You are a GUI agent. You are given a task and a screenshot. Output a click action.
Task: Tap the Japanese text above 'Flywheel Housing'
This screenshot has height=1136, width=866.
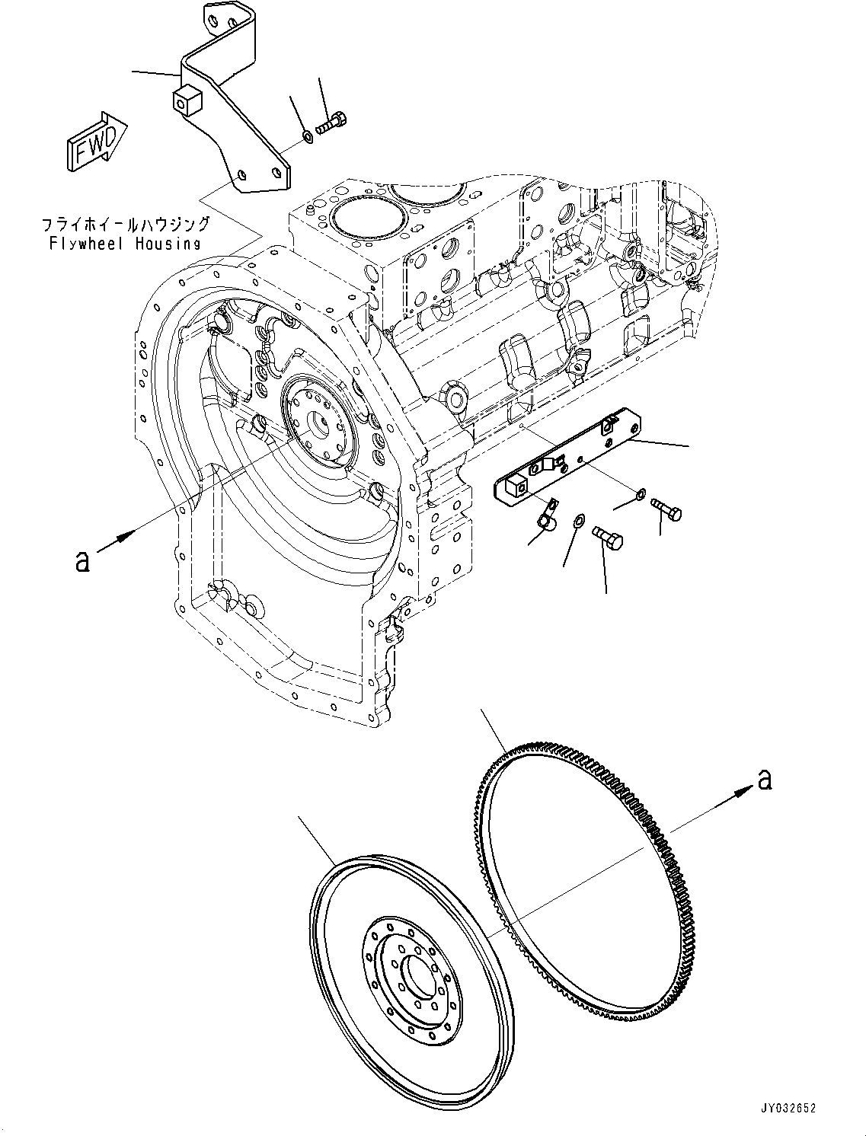tap(125, 225)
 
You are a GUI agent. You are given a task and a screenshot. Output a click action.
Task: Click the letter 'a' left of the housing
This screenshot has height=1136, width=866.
tap(81, 561)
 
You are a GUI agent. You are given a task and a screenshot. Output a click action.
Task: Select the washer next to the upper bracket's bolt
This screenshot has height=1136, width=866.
tap(307, 136)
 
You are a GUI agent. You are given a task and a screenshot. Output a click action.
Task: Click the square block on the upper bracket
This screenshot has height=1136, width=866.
tap(185, 101)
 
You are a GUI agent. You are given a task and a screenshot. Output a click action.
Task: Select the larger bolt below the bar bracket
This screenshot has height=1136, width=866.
tap(609, 539)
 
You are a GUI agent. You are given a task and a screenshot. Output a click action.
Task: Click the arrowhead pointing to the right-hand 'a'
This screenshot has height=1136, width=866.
tap(740, 794)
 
